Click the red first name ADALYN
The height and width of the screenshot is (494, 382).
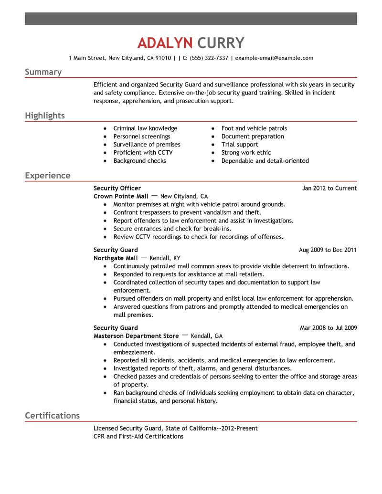[x=164, y=42]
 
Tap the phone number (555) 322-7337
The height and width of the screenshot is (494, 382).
[x=208, y=58]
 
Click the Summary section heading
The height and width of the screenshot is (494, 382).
[x=43, y=72]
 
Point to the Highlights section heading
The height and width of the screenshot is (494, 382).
[x=45, y=116]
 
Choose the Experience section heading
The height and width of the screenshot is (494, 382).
[x=47, y=176]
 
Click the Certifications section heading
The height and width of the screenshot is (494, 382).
[x=52, y=416]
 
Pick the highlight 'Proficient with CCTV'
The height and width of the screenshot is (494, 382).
[x=143, y=153]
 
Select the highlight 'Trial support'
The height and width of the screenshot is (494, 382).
[x=240, y=145]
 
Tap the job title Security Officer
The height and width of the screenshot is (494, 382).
[x=117, y=188]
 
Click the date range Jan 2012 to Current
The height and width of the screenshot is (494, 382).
[x=329, y=189]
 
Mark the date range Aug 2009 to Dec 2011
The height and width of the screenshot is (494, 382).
[x=328, y=250]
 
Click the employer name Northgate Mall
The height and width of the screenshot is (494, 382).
[x=115, y=258]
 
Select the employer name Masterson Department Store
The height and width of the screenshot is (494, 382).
[x=136, y=336]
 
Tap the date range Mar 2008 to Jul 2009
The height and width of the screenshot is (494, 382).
[x=328, y=328]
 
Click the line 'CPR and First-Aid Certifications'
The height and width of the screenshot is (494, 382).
[x=138, y=436]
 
